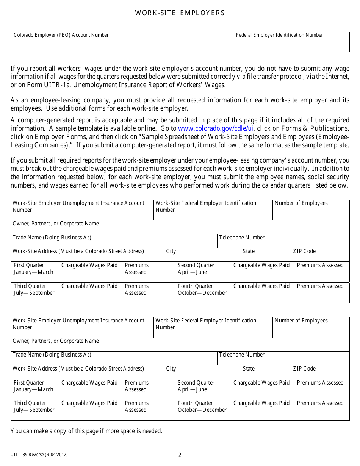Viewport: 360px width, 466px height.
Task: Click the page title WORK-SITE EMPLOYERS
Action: [x=180, y=13]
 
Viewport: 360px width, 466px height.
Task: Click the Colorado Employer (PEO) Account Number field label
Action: [x=61, y=35]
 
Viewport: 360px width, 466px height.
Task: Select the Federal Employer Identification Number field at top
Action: [x=291, y=42]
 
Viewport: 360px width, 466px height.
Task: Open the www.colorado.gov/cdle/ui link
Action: [x=216, y=128]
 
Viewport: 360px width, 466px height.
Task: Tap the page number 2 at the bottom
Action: [x=180, y=455]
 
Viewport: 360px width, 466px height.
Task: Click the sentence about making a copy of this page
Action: [x=86, y=431]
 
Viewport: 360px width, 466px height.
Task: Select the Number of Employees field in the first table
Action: [x=311, y=210]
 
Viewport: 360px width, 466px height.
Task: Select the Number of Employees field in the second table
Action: [x=311, y=327]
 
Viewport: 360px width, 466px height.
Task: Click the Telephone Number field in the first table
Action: [x=283, y=241]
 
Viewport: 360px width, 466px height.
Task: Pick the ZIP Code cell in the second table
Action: [x=321, y=372]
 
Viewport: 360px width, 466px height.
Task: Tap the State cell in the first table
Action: [x=265, y=255]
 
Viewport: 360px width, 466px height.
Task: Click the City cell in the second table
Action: [x=202, y=372]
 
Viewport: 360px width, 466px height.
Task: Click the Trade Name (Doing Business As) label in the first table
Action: [x=52, y=238]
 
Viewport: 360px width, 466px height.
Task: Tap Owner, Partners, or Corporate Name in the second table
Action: [x=56, y=341]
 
